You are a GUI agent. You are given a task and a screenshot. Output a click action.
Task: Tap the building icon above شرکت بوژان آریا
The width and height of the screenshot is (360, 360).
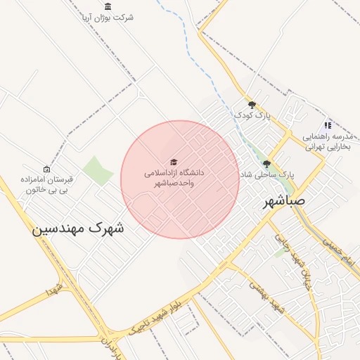tap(107, 6)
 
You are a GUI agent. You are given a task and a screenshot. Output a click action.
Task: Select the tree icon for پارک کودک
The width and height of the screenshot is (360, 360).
tap(252, 105)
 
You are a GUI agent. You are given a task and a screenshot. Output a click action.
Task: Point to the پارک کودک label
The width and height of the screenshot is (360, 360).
tap(252, 115)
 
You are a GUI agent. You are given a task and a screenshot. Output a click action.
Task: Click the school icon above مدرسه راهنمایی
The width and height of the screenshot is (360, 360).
tap(328, 124)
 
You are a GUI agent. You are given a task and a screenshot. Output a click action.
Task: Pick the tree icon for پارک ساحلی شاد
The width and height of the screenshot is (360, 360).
tap(266, 164)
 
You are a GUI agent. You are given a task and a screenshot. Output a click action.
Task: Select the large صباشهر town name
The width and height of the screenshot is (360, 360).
tap(285, 202)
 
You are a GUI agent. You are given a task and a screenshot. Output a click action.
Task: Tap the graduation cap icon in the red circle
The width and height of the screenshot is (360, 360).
tap(174, 162)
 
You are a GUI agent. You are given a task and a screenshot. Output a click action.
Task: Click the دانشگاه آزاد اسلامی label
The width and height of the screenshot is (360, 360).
tap(174, 177)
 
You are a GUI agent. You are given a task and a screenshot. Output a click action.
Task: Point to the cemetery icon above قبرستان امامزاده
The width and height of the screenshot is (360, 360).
tap(47, 169)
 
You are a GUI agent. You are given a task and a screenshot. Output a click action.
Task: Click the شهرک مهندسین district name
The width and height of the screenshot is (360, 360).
tap(78, 229)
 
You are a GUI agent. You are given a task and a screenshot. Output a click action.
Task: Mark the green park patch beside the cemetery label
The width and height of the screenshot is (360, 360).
tap(98, 170)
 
